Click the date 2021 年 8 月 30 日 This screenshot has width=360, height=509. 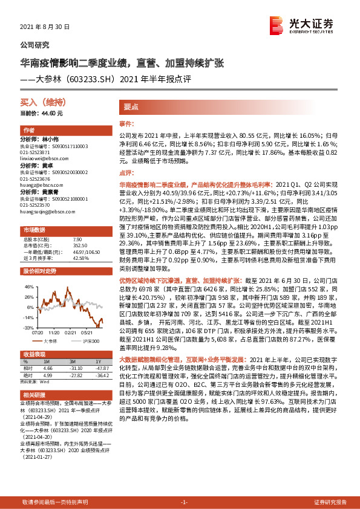(x=45, y=28)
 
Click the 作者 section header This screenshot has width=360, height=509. (x=29, y=131)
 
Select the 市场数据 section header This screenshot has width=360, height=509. (x=34, y=230)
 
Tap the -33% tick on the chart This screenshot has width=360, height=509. (x=28, y=327)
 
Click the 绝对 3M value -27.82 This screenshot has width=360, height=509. (x=76, y=374)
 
